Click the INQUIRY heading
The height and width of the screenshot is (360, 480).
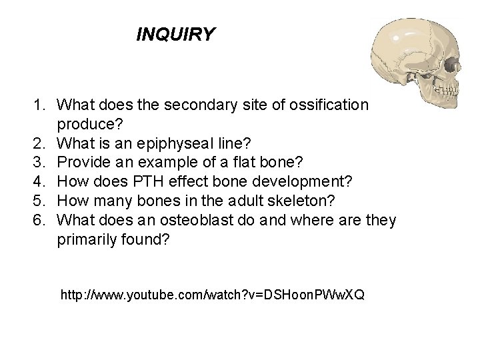175,34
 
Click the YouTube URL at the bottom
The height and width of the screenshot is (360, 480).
212,294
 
